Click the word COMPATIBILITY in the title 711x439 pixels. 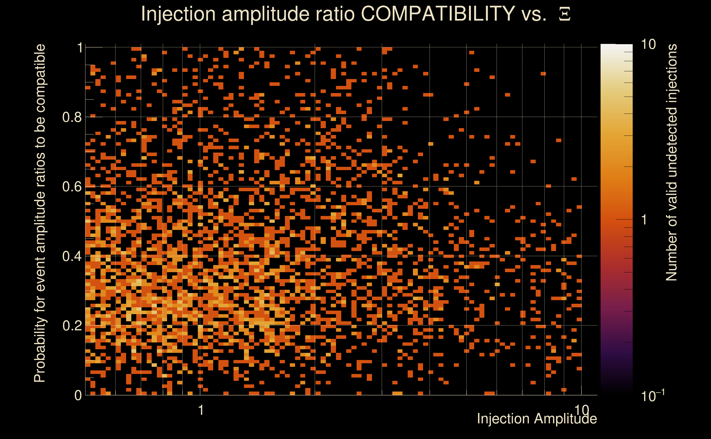coord(438,14)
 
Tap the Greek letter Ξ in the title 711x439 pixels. coord(565,14)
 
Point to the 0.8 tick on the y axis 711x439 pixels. coord(72,117)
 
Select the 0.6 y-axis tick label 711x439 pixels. coord(72,186)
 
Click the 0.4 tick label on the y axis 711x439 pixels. coord(72,256)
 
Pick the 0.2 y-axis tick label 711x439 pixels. coord(72,326)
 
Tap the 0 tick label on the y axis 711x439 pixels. coord(78,395)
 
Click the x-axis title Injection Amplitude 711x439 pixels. coord(537,419)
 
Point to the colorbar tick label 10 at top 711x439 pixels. coord(648,44)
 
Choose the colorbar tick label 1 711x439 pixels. coord(645,220)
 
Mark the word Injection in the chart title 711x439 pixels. coord(178,14)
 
